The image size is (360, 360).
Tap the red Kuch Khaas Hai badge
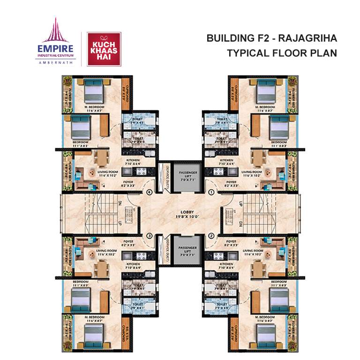(x=104, y=49)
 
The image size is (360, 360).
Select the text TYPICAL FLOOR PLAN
(x=282, y=53)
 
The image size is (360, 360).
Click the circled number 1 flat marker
(x=211, y=192)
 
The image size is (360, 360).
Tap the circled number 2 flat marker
(x=211, y=235)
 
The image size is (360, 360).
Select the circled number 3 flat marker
(x=149, y=235)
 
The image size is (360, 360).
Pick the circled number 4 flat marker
(x=149, y=192)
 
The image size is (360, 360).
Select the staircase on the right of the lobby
(x=261, y=213)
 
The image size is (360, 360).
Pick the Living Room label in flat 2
(x=254, y=252)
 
